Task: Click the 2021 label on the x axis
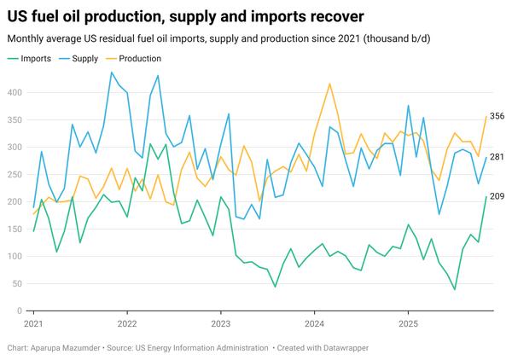click(33, 324)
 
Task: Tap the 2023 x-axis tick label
click(220, 324)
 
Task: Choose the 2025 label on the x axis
click(408, 324)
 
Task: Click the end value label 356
click(497, 116)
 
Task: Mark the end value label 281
click(497, 157)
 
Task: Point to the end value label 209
click(497, 197)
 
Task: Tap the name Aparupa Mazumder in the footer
click(69, 348)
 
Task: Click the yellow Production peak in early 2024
click(329, 84)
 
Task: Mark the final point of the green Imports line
click(486, 197)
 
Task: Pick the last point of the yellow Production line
click(486, 117)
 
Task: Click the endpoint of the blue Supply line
click(486, 158)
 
